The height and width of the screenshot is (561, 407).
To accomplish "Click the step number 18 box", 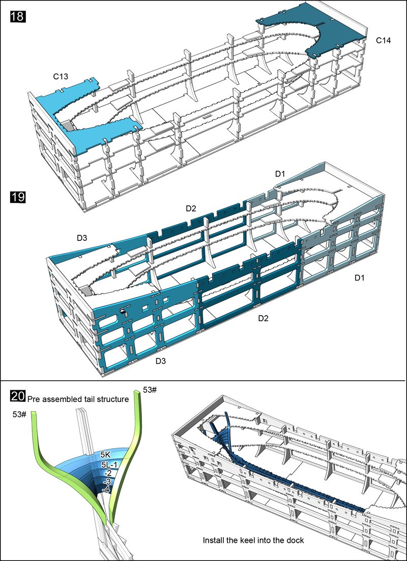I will point(17,16).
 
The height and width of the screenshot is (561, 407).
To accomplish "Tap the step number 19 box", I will point(17,197).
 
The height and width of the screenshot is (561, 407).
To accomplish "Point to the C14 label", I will point(384,40).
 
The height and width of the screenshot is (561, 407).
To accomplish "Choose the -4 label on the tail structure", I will point(105,489).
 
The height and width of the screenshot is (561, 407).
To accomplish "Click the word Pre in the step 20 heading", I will point(34,399).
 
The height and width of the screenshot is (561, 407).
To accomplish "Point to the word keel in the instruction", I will point(253,540).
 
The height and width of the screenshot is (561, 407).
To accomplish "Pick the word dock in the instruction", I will point(295,540).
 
